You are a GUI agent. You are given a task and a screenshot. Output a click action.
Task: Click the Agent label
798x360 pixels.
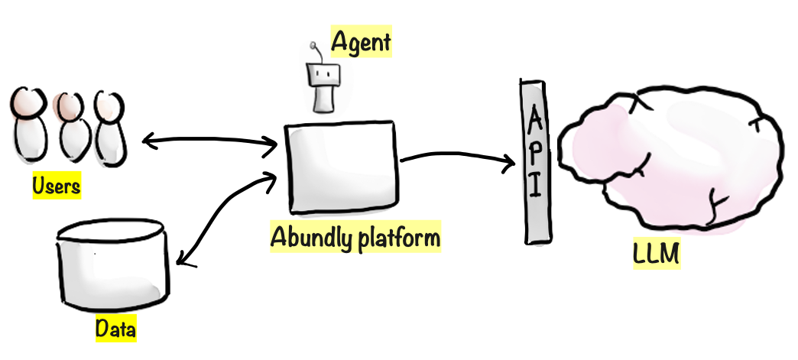[360, 43]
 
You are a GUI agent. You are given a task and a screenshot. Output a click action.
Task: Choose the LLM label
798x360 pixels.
[655, 253]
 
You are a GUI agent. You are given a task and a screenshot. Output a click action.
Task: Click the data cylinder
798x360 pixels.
[112, 264]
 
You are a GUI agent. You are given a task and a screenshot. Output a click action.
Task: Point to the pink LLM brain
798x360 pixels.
[673, 161]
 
